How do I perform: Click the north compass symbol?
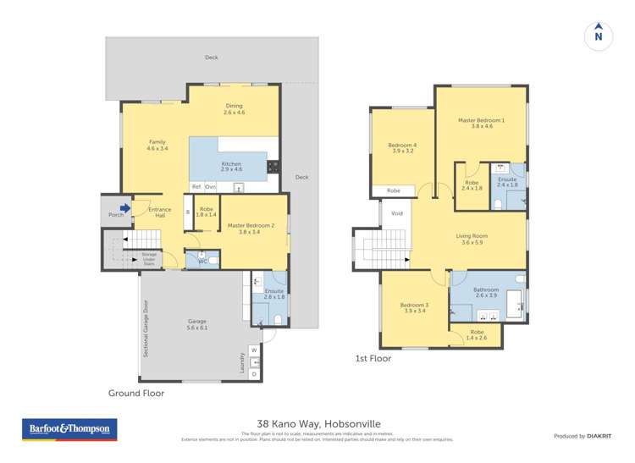599,35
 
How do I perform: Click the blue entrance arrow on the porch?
125,207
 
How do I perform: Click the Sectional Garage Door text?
146,328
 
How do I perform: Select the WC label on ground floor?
202,262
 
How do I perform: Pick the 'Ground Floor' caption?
136,394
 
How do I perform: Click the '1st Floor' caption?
373,359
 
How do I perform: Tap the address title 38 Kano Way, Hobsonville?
317,426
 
